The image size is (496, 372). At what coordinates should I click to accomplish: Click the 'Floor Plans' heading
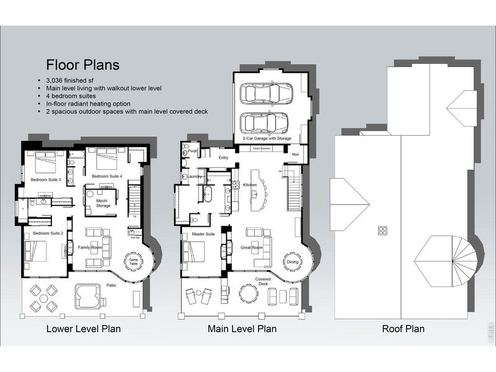coord(81,64)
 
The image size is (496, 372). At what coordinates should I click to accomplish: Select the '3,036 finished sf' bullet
coord(73,81)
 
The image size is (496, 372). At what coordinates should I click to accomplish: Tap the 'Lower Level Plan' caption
coord(83,329)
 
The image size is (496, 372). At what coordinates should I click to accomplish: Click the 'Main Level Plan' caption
coord(242,329)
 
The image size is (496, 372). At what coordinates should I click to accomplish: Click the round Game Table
coord(134,262)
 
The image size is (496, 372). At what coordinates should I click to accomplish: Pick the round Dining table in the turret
coord(292,262)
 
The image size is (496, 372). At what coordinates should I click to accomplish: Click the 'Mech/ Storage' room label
coord(102,204)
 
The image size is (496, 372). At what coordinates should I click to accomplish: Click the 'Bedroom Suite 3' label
coord(46,180)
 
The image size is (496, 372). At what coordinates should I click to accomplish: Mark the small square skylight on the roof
coord(381,231)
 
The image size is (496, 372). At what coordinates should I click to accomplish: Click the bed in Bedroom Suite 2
coord(35,251)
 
